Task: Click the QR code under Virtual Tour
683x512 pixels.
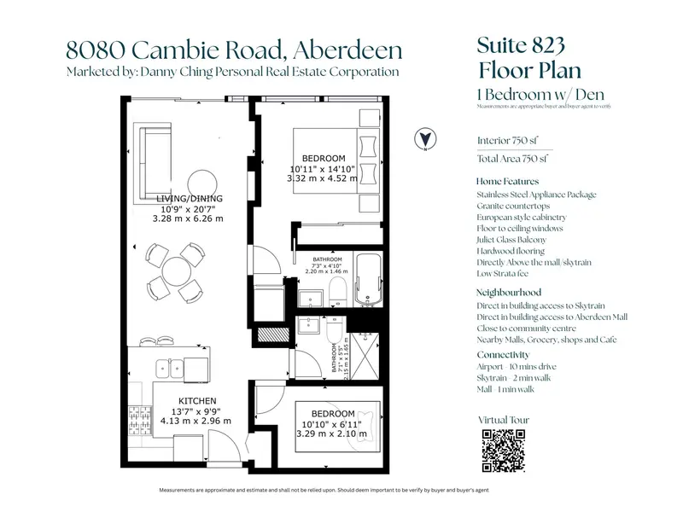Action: click(504, 451)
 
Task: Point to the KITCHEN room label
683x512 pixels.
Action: click(197, 400)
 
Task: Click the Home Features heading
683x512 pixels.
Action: click(508, 182)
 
